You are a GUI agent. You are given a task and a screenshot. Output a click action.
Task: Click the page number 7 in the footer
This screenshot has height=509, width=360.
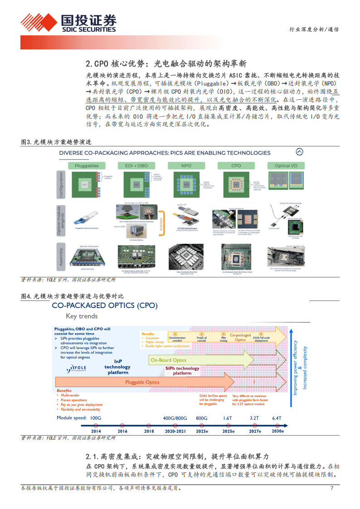coord(332,488)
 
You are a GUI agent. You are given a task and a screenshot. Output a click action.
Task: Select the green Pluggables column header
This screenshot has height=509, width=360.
coord(86,166)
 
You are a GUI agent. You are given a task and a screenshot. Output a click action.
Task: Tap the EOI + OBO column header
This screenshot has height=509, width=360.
coord(136,166)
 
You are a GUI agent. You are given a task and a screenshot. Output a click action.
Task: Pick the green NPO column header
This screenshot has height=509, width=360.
coord(186,166)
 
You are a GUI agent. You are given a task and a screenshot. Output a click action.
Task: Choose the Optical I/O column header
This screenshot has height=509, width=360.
coord(285,166)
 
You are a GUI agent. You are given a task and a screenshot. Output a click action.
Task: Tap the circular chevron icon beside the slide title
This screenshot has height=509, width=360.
coord(299,152)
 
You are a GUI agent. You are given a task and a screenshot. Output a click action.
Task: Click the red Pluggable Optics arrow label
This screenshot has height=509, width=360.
coord(142,382)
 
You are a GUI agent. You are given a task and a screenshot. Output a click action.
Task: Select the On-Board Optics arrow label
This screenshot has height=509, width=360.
coord(168,360)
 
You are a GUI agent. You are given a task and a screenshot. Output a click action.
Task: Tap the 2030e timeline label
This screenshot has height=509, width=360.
coord(277,431)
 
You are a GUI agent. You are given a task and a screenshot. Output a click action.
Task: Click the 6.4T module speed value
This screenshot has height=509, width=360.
coord(277,418)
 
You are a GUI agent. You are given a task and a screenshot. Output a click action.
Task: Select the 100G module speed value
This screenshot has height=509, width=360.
coord(96,418)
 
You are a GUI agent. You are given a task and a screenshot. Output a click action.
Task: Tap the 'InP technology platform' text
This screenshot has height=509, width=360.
coord(117,367)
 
